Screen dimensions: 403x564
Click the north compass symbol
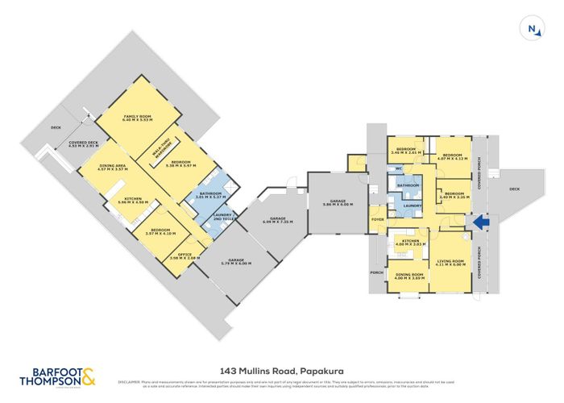[532, 28]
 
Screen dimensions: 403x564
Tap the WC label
[398, 168]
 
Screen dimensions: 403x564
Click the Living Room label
[448, 262]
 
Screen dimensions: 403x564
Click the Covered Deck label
[84, 144]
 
